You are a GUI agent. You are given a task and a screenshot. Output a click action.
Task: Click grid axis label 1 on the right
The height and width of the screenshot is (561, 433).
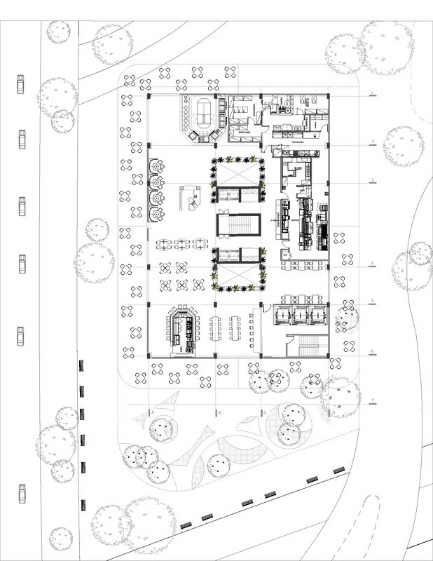pyautogui.click(x=371, y=94)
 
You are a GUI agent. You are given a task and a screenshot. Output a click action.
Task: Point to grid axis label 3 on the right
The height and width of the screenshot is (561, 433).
pyautogui.click(x=371, y=181)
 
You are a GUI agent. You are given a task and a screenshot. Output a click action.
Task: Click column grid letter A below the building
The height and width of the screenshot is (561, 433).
pyautogui.click(x=151, y=413)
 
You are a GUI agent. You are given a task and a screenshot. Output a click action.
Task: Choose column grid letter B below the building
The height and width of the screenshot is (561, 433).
pyautogui.click(x=220, y=413)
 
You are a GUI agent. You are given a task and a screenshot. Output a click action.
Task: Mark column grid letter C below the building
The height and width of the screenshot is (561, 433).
pyautogui.click(x=263, y=413)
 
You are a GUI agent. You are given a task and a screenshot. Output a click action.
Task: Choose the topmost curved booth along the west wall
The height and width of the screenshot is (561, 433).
pyautogui.click(x=156, y=167)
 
